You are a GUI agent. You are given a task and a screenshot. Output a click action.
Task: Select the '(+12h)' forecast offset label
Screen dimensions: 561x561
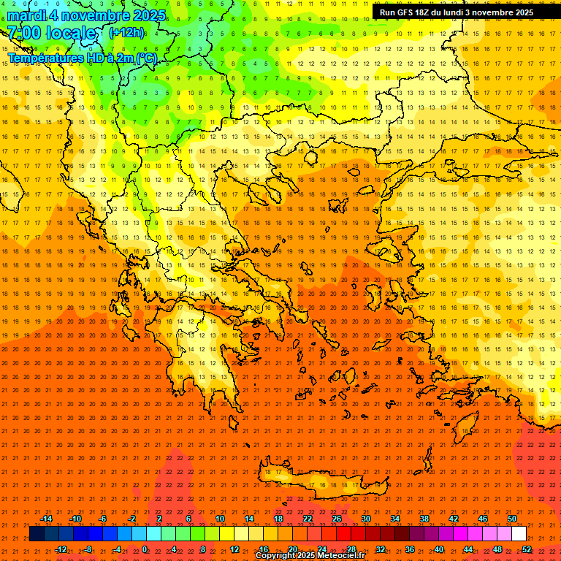pos(126,32)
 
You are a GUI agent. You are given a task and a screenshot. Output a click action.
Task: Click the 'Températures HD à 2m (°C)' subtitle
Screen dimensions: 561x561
pos(82,58)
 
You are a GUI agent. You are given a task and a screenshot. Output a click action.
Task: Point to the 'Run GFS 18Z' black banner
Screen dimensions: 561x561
pos(457,12)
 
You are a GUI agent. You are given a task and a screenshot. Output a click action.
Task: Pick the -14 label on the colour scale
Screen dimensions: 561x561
pos(47,519)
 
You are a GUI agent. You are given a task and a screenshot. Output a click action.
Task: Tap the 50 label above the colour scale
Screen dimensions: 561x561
pos(511,519)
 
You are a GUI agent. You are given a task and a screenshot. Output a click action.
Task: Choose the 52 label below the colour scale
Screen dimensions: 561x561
pos(527,549)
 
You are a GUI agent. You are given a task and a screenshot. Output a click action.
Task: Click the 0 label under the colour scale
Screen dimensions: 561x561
pos(145,549)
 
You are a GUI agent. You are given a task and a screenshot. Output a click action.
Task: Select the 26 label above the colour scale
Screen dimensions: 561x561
pos(337,519)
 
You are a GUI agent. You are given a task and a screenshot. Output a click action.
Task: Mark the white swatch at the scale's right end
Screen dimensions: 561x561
pos(519,534)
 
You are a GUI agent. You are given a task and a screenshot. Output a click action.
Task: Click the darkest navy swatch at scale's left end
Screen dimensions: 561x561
pos(37,534)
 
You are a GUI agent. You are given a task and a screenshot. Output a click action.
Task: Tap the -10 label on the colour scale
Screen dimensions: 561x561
pos(75,519)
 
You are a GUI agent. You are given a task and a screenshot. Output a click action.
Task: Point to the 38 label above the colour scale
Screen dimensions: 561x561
pos(424,519)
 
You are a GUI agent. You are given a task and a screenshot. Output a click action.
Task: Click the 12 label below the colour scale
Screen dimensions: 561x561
pos(234,549)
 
